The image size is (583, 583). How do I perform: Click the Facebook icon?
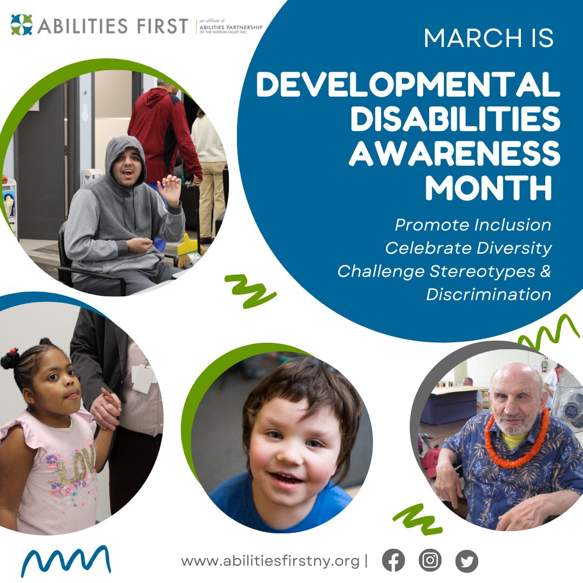pos(394,561)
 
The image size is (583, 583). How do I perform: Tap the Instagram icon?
pos(430,561)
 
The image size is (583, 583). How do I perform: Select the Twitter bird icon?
pos(467,561)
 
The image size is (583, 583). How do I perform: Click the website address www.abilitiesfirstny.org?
pos(270,561)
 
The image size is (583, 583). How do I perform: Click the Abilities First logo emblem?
pos(22,25)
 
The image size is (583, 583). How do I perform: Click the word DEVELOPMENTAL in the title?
pos(408,86)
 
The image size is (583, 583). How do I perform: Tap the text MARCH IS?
pos(489,39)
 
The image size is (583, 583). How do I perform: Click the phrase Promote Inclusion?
pos(473,225)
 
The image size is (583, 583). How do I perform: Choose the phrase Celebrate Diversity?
pos(468,248)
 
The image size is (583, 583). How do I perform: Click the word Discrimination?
pos(489,295)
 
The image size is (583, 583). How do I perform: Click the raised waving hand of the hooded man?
pos(171,189)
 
